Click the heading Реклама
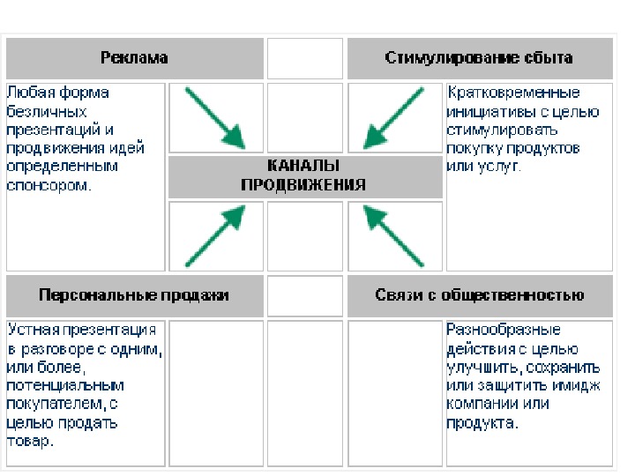pos(134,58)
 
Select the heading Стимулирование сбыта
pos(479,58)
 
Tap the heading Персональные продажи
pos(134,295)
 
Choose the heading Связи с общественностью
pos(479,295)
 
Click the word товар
pos(30,442)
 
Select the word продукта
pos(482,423)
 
